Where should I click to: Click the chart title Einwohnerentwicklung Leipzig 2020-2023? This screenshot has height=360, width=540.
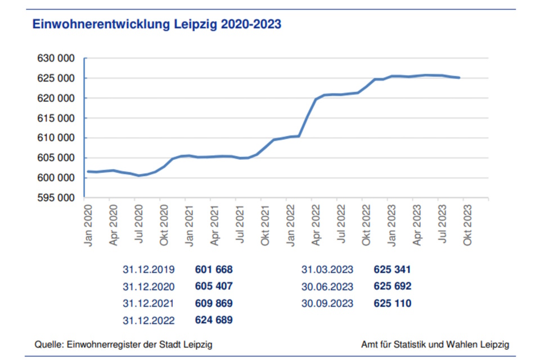tap(157, 25)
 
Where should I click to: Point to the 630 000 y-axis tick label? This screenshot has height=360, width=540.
tap(56, 58)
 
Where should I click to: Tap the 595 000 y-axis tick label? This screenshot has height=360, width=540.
tap(56, 198)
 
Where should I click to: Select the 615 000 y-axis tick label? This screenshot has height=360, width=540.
tap(56, 118)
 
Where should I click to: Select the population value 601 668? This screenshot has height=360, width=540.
tap(213, 269)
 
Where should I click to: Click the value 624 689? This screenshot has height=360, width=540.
tap(213, 321)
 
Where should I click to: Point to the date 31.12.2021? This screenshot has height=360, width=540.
tap(148, 304)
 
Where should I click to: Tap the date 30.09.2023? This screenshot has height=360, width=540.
tap(327, 304)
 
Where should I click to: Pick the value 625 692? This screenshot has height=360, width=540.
tap(392, 286)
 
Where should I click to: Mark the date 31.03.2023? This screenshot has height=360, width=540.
tap(327, 269)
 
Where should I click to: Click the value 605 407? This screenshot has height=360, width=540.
tap(213, 286)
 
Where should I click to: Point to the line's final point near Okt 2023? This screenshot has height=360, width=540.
tap(459, 78)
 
